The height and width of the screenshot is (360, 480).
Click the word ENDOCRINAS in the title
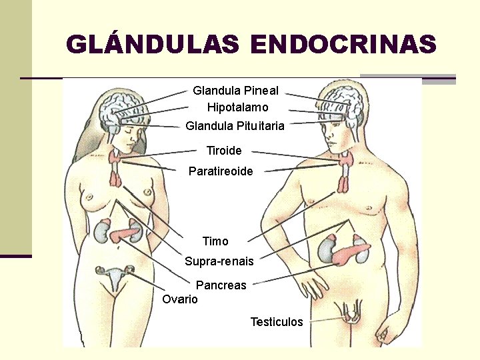click(343, 45)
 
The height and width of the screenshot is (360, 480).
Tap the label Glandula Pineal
click(235, 90)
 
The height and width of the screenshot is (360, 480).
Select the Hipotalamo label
click(237, 107)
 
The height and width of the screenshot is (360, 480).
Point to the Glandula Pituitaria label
click(235, 125)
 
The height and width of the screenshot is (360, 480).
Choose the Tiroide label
click(224, 151)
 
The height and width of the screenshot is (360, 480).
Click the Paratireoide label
click(221, 171)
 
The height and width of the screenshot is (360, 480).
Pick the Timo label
click(215, 241)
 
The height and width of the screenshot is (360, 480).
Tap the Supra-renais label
click(219, 261)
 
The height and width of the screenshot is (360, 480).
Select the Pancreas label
click(221, 285)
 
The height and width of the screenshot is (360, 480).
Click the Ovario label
click(180, 299)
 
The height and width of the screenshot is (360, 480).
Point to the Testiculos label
click(276, 322)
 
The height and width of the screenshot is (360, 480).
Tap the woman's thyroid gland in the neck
click(116, 158)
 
